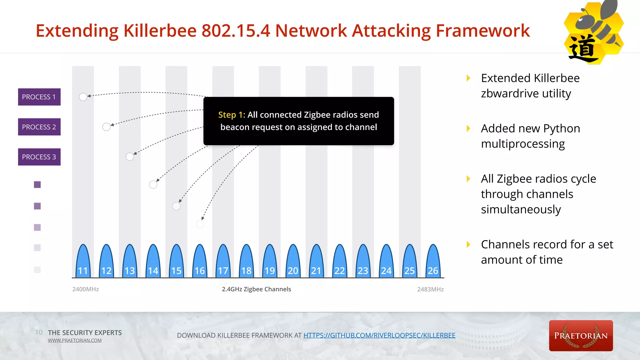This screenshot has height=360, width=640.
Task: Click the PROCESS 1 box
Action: coord(39,97)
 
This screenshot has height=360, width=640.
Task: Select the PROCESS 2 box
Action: coord(39,127)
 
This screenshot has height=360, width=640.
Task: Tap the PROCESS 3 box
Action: coord(39,157)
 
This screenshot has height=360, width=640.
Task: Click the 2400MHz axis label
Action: coord(85,289)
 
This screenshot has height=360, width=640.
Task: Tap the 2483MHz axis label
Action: coord(430,289)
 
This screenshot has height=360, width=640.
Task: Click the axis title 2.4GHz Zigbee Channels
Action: coord(256,289)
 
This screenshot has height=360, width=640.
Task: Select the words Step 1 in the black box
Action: coord(232,115)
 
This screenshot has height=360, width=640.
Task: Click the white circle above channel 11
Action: coord(83,97)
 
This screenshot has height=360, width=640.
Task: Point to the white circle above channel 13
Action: coord(130,157)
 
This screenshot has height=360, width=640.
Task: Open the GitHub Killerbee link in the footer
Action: coord(379,336)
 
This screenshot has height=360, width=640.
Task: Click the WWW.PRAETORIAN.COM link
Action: coord(75,341)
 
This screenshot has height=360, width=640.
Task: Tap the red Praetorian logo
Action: coord(581,336)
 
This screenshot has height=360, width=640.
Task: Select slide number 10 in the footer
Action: coord(39,332)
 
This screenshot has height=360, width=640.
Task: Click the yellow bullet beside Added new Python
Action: coord(468,128)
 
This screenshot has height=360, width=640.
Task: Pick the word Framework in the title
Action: coord(482,31)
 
